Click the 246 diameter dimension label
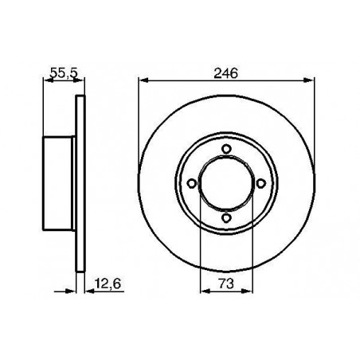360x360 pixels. point(226,73)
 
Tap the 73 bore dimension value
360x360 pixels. point(226,284)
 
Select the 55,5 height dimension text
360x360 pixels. point(64,73)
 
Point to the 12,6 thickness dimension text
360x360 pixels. point(108,284)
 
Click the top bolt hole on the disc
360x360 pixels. point(226,149)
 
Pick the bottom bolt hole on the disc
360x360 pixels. point(226,218)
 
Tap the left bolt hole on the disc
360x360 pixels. point(191,183)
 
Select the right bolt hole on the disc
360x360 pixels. point(260,183)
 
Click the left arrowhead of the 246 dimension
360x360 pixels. point(143,80)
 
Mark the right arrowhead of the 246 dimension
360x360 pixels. point(309,80)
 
